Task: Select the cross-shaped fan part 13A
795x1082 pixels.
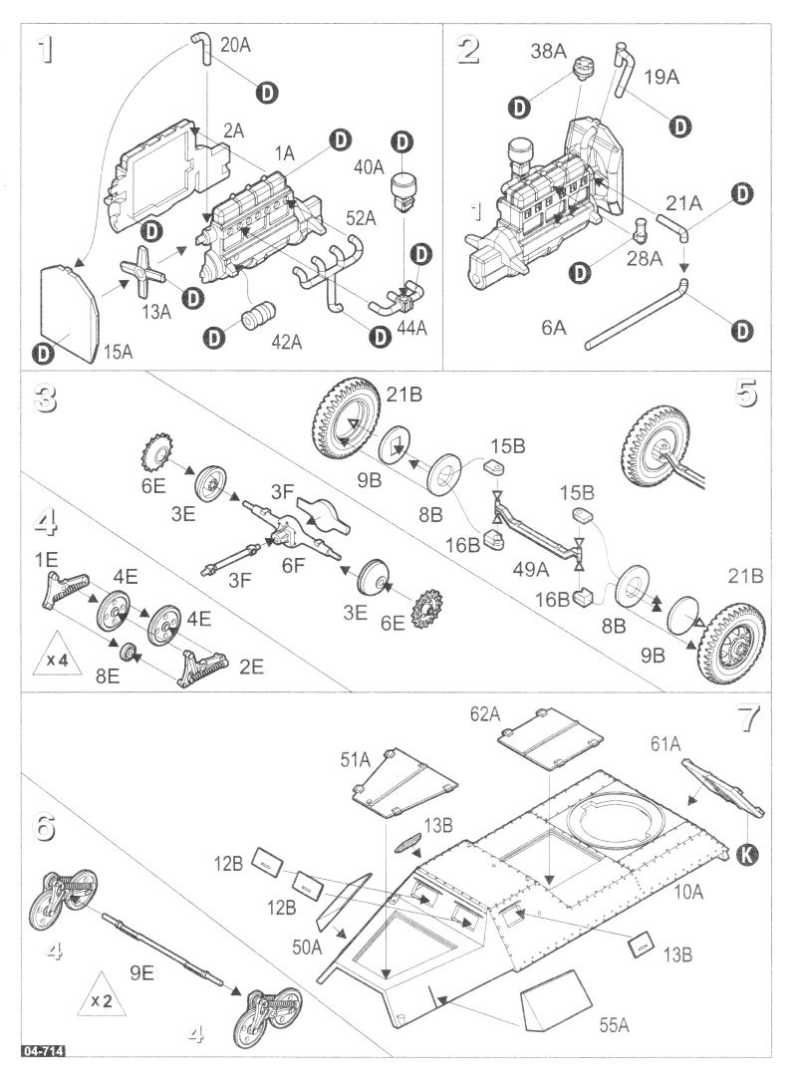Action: [142, 272]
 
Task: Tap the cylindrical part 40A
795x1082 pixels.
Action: [403, 189]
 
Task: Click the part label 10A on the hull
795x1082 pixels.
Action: [686, 893]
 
